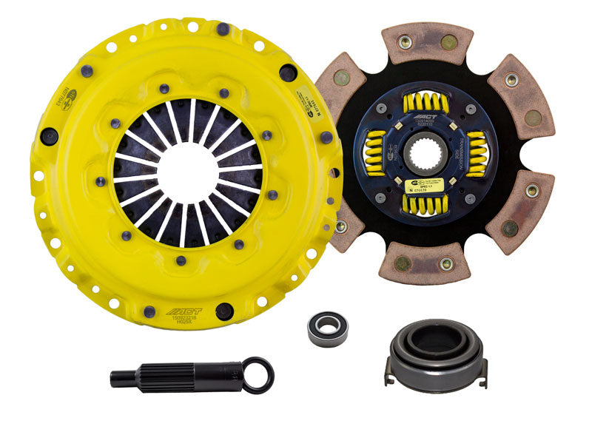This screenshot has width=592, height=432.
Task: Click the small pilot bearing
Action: click(327, 325)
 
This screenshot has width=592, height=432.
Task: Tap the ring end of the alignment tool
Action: click(259, 374)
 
